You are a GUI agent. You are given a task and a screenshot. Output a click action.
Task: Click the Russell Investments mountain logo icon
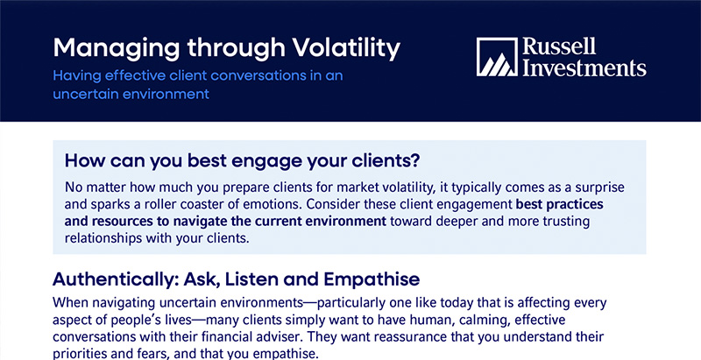[x=497, y=57]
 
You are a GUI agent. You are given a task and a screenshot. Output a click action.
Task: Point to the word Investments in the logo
[x=584, y=67]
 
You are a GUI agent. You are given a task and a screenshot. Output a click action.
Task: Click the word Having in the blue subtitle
[x=76, y=76]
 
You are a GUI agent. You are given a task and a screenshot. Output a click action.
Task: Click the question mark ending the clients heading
[x=414, y=161]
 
